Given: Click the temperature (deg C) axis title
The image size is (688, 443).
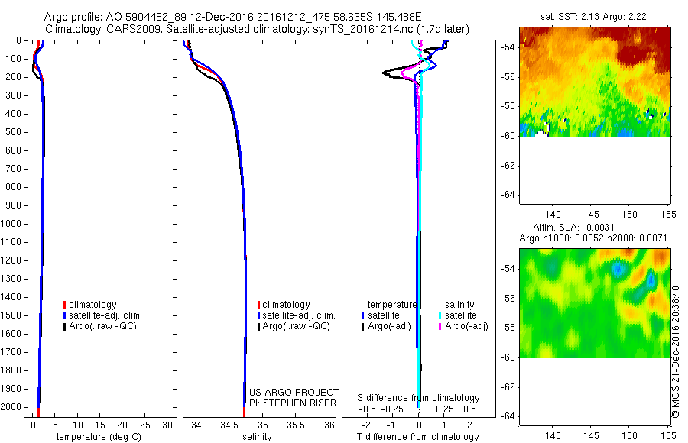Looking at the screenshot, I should [x=96, y=437].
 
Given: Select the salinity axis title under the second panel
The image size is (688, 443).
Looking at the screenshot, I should [x=258, y=437].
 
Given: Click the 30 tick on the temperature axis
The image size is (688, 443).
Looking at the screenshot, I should [x=168, y=425].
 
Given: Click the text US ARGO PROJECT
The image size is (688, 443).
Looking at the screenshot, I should [x=294, y=392].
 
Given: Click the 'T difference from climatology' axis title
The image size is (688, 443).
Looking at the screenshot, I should [x=418, y=437].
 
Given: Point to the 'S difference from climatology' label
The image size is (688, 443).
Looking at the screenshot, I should [x=419, y=398].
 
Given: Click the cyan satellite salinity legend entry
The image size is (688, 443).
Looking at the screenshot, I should [x=461, y=315].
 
